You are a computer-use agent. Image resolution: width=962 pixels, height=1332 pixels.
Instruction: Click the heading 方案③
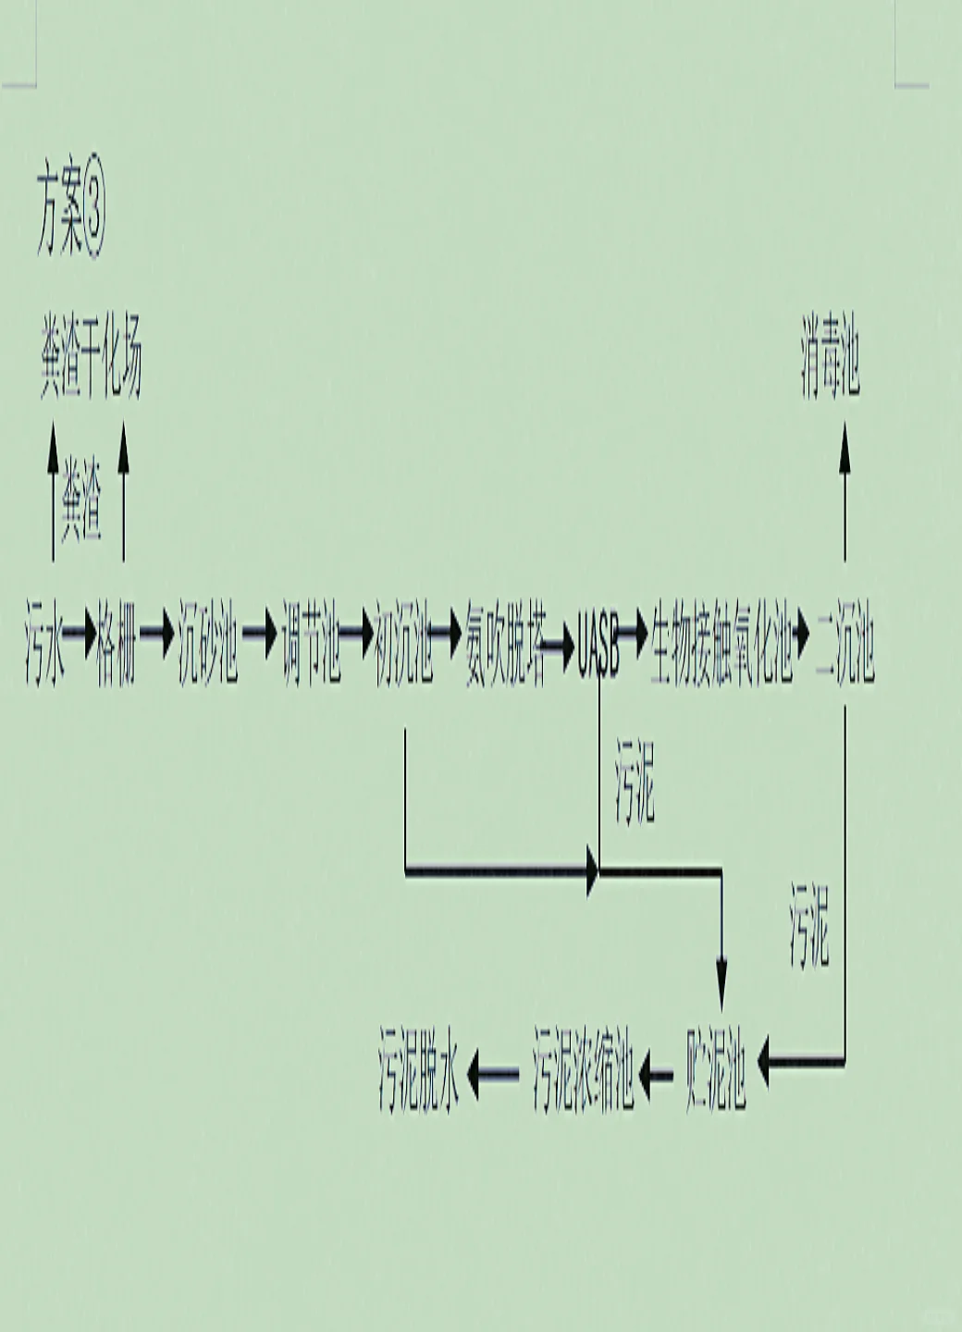(x=70, y=218)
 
